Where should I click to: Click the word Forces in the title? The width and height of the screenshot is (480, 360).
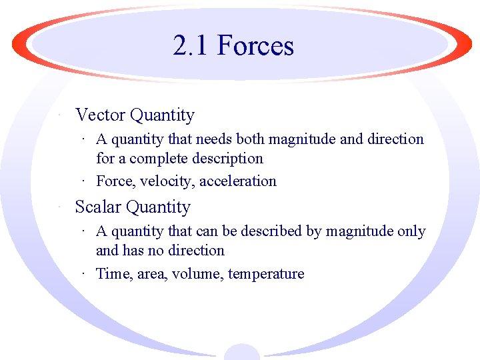coord(255,46)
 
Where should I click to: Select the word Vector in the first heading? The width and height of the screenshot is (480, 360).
coord(101,115)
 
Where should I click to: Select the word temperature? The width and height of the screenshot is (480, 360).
coord(266,274)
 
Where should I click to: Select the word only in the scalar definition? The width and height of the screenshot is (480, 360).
coord(411,231)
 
